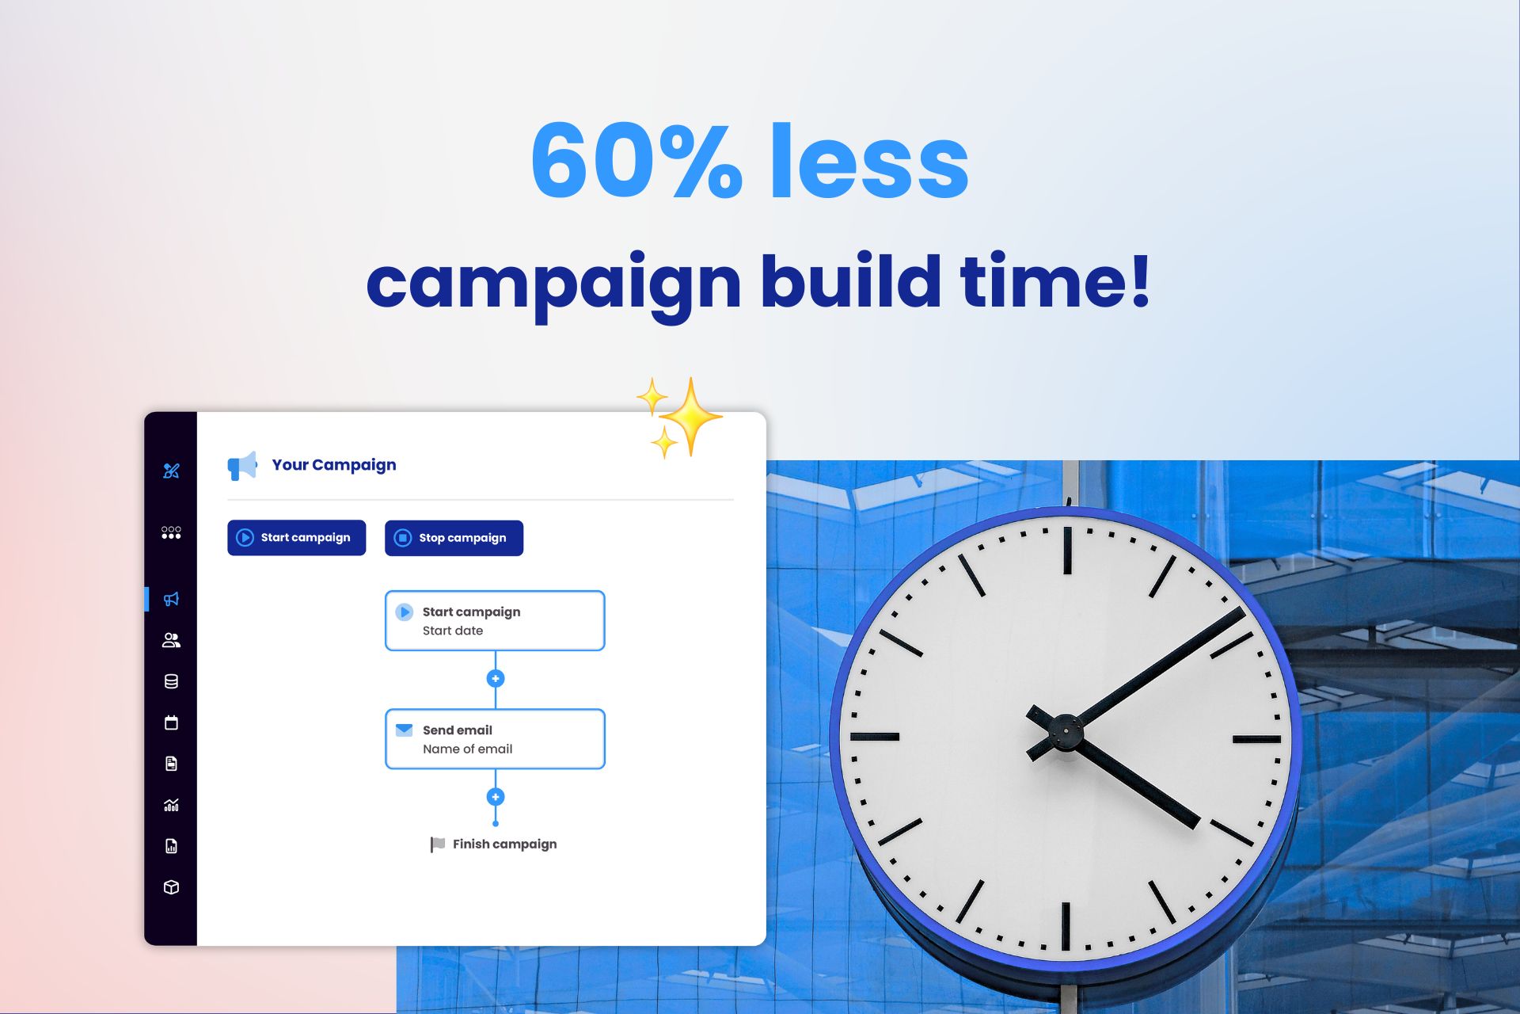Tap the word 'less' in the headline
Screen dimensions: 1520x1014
[870, 161]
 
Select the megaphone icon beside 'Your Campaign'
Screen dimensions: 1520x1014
[242, 465]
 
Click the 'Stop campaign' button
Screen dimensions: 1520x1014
[454, 538]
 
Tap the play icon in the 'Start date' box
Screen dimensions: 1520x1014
[404, 612]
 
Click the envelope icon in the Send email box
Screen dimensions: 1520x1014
[404, 730]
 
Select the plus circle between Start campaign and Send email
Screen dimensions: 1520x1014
[496, 678]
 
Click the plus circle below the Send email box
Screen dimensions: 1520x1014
[496, 797]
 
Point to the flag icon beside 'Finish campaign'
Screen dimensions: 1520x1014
[437, 844]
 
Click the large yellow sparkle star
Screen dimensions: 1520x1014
[690, 416]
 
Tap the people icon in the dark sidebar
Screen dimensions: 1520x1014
[171, 640]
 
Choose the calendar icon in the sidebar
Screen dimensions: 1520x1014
[171, 722]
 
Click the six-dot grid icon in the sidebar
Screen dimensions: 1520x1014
[171, 532]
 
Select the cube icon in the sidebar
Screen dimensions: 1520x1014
[171, 887]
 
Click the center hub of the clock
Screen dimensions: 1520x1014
[1066, 731]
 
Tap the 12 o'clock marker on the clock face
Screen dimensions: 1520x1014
[1067, 550]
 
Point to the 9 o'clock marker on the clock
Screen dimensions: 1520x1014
[875, 737]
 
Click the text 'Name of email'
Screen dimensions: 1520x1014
[467, 749]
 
